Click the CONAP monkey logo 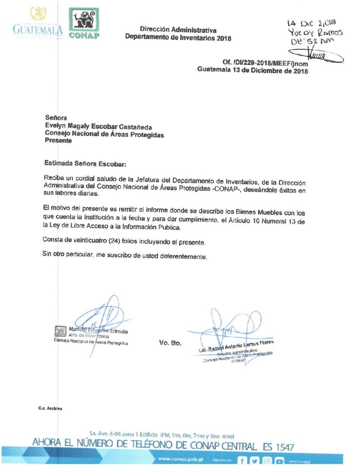click(84, 23)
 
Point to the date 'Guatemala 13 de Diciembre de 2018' click(252, 71)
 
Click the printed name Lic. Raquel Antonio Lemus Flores click(239, 345)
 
